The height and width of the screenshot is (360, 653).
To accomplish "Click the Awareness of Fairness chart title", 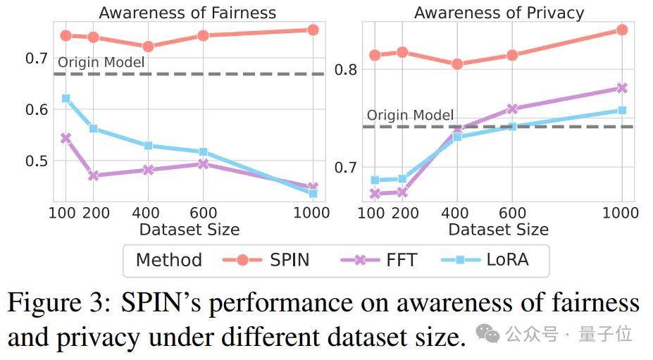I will pyautogui.click(x=187, y=13).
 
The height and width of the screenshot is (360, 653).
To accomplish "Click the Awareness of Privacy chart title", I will pyautogui.click(x=499, y=13).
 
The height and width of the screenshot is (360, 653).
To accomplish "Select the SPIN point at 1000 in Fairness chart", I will pyautogui.click(x=313, y=30).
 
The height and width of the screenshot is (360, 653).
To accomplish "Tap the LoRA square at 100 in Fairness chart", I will pyautogui.click(x=66, y=99).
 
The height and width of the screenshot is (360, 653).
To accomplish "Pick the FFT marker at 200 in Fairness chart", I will pyautogui.click(x=94, y=175).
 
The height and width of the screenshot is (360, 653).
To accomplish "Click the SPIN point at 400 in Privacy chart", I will pyautogui.click(x=457, y=63).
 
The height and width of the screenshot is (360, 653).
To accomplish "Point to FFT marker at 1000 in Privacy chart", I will pyautogui.click(x=622, y=88).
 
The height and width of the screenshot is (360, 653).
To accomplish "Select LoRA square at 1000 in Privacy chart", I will pyautogui.click(x=622, y=111).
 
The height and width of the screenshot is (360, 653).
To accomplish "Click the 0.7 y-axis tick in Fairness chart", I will pyautogui.click(x=37, y=58).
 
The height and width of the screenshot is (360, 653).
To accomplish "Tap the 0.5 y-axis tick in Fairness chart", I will pyautogui.click(x=37, y=161).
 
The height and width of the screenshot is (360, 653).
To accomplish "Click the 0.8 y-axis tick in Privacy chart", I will pyautogui.click(x=347, y=70).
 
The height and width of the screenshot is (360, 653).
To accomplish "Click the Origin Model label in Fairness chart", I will pyautogui.click(x=101, y=63).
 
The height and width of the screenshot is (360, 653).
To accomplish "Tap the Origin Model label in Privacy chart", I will pyautogui.click(x=410, y=116).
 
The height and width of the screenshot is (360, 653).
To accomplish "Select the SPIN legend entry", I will pyautogui.click(x=270, y=260).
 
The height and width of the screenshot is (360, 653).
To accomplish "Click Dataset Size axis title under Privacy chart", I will pyautogui.click(x=498, y=230).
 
